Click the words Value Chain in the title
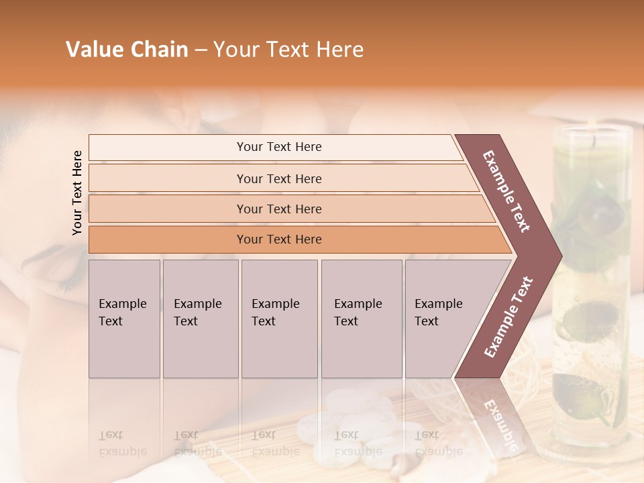(x=127, y=50)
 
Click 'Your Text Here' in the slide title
(x=288, y=50)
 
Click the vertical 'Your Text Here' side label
(x=77, y=193)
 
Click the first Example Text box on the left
(x=124, y=319)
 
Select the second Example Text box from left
(x=200, y=319)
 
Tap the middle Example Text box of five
(x=279, y=319)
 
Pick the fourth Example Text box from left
(x=361, y=319)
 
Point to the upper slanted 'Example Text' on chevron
(x=507, y=191)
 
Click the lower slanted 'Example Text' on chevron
(x=508, y=317)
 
